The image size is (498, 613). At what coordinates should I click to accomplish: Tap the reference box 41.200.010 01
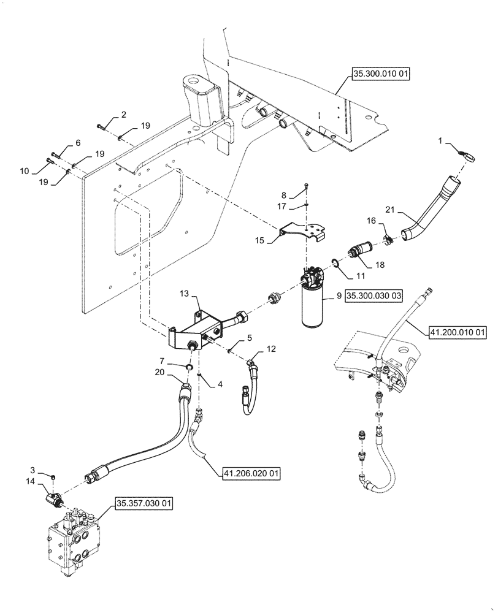(457, 333)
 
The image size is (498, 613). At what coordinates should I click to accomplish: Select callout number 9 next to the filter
(338, 295)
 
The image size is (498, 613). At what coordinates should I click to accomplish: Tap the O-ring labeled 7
(190, 367)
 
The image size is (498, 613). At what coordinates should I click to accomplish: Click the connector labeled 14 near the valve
(53, 497)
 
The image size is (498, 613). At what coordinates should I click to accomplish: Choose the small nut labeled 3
(55, 476)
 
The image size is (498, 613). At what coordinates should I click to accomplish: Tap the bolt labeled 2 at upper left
(101, 127)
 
